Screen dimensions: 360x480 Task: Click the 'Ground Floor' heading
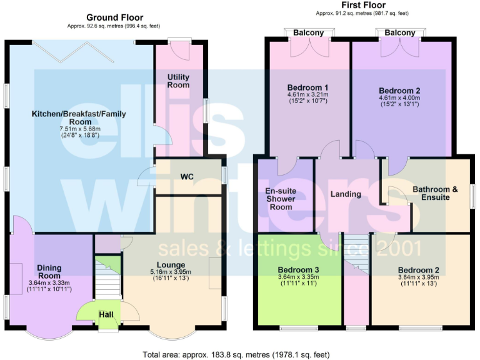(114, 17)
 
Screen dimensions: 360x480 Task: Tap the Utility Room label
(178, 81)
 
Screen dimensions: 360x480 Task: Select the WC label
(187, 177)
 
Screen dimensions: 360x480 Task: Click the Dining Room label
(49, 271)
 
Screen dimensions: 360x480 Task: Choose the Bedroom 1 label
(308, 87)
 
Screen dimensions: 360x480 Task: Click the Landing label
(346, 194)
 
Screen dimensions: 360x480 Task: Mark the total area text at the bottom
(236, 354)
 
